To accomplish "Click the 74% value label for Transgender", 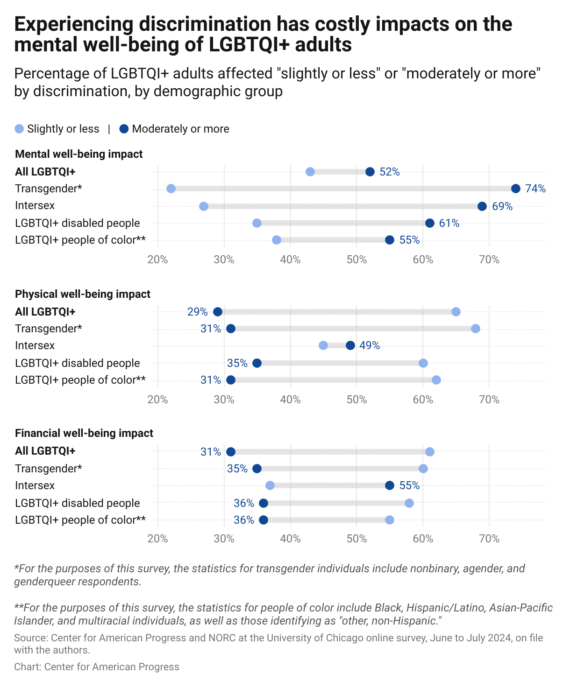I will pos(535,189).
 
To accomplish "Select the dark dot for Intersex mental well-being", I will pos(482,206).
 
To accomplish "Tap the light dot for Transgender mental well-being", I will pos(171,189).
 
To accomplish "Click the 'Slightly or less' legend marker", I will pos(19,129).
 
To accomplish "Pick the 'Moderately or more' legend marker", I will pos(124,129).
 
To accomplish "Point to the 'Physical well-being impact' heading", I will pos(83,294).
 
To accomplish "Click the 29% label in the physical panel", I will pos(197,312).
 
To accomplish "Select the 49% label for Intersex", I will pos(369,346).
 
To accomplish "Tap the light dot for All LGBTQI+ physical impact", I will pos(456,312).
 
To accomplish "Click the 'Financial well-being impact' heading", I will pos(84,433).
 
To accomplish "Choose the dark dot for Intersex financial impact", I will pos(390,485).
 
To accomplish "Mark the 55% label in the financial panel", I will pos(409,485).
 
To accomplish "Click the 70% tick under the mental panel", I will pos(489,260).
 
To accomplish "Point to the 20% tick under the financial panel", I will pos(158,539).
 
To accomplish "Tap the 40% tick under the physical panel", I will pos(290,400).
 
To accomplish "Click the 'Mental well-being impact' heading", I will pos(79,154).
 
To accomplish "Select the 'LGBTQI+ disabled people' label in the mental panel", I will pos(78,223).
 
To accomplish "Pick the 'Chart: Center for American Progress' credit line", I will pos(97,667).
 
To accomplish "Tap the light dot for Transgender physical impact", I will pos(476,329).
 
